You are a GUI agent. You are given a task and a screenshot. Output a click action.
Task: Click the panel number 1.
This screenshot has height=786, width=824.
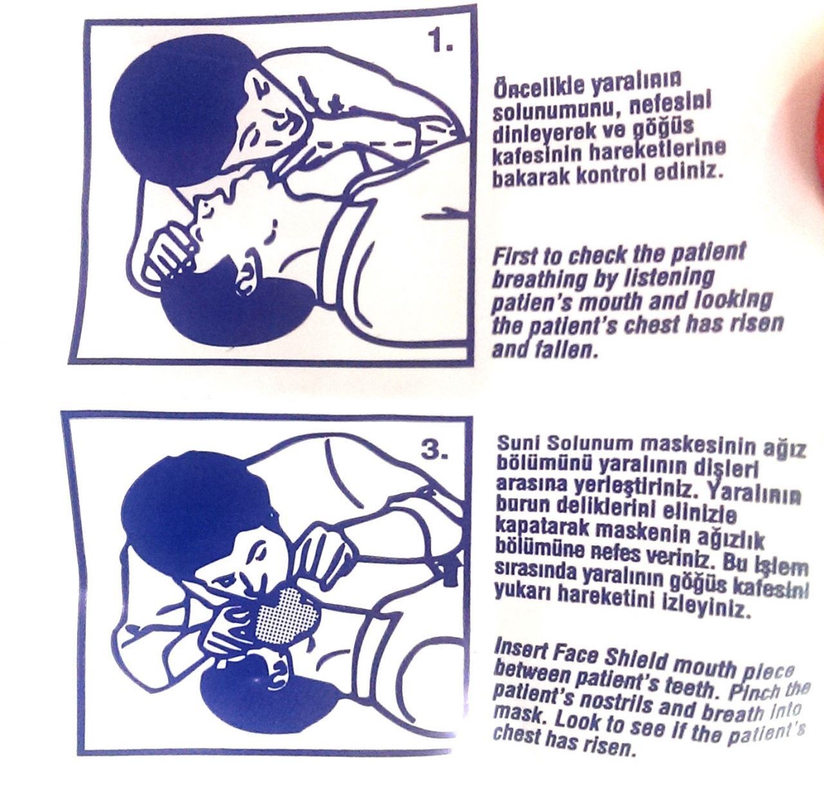(x=440, y=41)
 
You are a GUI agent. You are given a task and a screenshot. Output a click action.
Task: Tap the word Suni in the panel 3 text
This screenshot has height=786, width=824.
(x=516, y=442)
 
